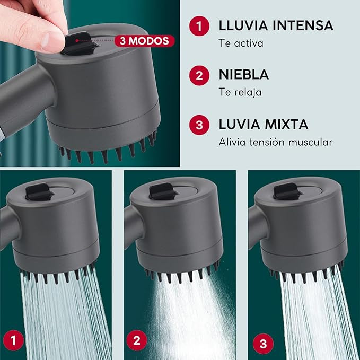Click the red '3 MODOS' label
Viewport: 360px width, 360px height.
(x=144, y=41)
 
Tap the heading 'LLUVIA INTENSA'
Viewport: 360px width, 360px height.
(x=276, y=25)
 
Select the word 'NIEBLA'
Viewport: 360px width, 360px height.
(x=243, y=75)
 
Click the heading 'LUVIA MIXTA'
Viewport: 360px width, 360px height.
(x=264, y=125)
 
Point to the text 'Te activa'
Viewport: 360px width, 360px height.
(x=241, y=43)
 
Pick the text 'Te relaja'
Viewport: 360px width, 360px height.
(x=240, y=92)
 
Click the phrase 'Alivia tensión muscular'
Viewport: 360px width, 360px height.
(x=276, y=142)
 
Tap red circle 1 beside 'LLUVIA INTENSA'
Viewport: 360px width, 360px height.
(x=199, y=25)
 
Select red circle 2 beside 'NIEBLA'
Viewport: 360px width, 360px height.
(x=199, y=75)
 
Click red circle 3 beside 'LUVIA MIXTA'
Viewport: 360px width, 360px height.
(x=199, y=125)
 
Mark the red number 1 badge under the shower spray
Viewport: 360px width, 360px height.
(x=13, y=340)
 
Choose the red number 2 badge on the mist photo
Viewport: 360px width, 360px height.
(x=137, y=340)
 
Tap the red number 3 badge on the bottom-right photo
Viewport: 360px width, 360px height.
(x=263, y=344)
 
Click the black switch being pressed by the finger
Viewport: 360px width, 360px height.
(x=79, y=43)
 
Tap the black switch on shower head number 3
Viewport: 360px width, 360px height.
(x=287, y=191)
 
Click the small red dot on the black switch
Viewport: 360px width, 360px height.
(x=77, y=41)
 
